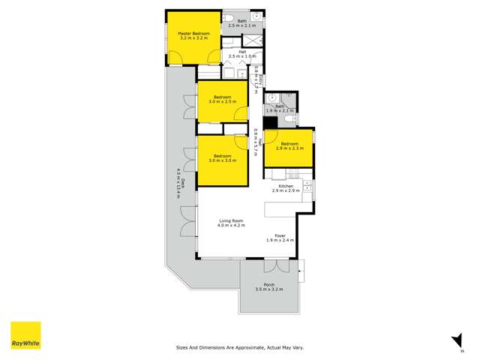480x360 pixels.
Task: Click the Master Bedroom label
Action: tap(193, 34)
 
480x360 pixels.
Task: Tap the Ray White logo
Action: tap(25, 335)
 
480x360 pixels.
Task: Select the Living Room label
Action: tap(232, 220)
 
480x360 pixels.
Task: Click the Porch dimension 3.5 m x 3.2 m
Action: tap(268, 289)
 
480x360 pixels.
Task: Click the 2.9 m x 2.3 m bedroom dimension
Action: tap(289, 148)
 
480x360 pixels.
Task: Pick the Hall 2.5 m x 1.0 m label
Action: tap(242, 56)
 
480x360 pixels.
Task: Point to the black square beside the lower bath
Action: tap(268, 122)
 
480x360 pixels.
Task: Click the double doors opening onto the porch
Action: tap(275, 265)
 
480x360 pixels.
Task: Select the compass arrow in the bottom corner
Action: tap(452, 340)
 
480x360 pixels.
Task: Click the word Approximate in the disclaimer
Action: tap(247, 348)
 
